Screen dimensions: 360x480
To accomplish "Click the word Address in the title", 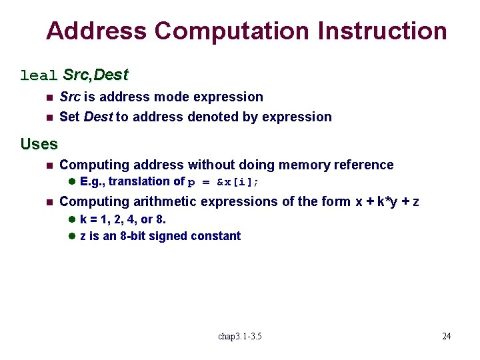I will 96,31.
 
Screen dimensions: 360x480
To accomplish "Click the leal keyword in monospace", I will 39,75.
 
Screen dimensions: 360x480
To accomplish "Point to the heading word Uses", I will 39,143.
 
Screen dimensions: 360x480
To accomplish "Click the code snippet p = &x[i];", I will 223,182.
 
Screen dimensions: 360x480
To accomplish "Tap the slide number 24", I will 446,336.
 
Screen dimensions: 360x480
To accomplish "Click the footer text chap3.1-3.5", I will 240,336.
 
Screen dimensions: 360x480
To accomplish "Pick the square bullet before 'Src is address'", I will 47,97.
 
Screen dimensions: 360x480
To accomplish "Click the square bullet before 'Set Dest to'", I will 47,117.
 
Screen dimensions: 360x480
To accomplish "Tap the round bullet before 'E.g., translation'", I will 73,182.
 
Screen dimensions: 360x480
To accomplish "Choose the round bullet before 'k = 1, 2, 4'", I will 73,219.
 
